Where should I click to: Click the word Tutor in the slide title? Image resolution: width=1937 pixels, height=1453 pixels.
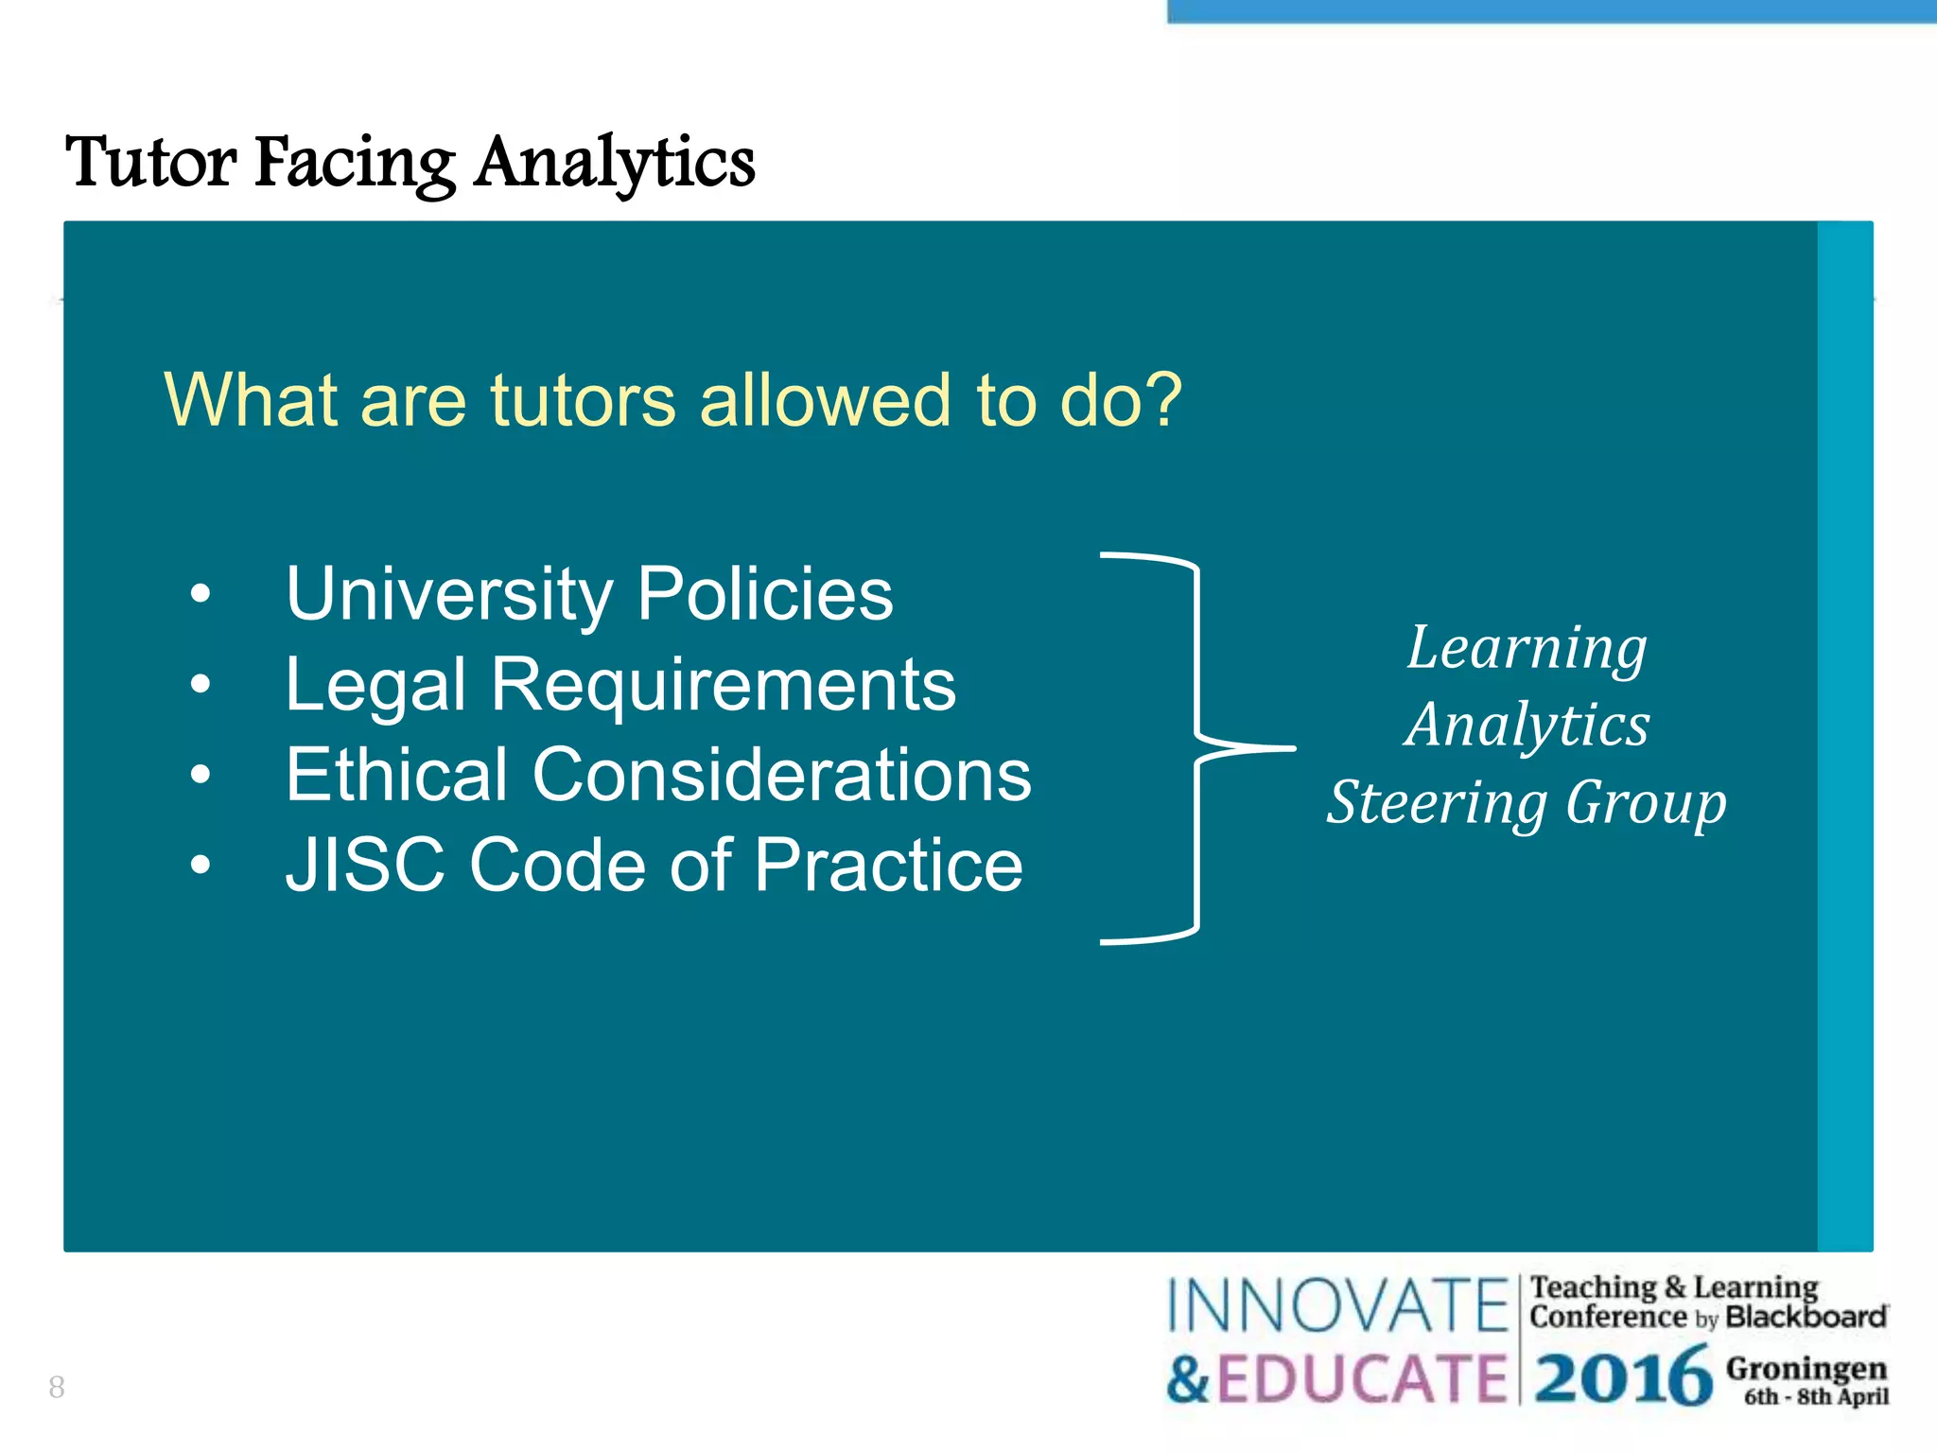(x=151, y=163)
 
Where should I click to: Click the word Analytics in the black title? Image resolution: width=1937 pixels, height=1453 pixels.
(x=615, y=163)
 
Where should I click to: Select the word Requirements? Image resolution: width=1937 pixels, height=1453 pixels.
(x=723, y=684)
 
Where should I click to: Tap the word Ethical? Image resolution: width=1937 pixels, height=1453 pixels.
(x=396, y=775)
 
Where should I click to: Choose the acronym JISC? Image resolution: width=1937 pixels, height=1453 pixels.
(x=365, y=865)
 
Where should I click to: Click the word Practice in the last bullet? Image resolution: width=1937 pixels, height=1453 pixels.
(x=888, y=865)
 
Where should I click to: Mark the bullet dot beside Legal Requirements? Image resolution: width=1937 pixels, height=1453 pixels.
(x=200, y=684)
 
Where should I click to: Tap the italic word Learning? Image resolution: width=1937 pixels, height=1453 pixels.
(x=1527, y=649)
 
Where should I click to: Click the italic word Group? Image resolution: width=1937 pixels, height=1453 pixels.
(x=1646, y=803)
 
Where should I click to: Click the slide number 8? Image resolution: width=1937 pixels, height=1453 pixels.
(x=57, y=1388)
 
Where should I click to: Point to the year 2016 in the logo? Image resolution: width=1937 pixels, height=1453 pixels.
(x=1623, y=1377)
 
